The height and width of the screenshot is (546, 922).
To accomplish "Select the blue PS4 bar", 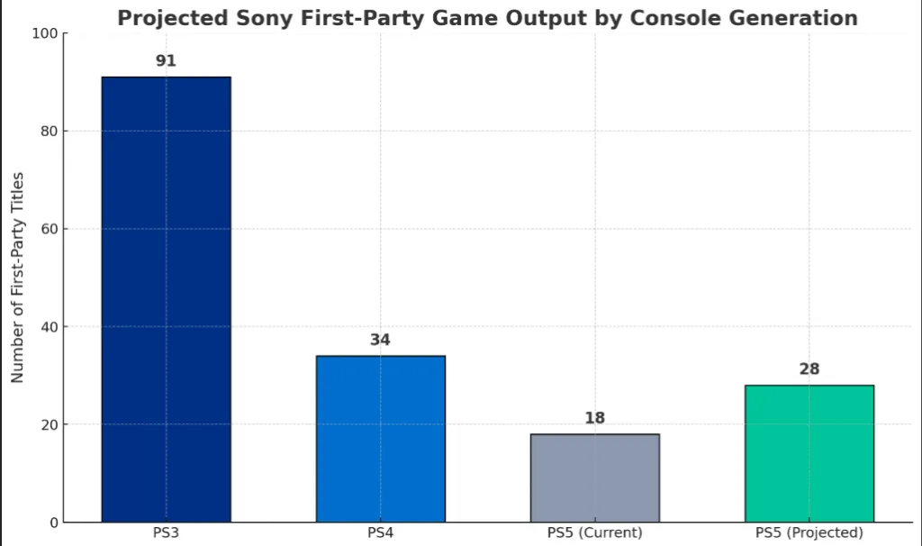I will (380, 439).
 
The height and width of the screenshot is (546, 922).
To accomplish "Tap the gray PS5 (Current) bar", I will (594, 478).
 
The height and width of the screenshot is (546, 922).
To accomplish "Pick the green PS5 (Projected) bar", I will (809, 453).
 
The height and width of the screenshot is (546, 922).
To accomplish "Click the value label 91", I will (166, 61).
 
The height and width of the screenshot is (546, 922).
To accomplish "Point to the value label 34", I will (380, 340).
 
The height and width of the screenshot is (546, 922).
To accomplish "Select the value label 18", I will (594, 418).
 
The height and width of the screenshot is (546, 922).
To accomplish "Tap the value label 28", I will (809, 369).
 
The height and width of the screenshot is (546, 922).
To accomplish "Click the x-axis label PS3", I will (166, 532).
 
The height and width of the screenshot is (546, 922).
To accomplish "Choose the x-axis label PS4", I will (380, 532).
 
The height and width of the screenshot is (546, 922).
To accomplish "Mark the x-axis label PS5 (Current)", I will (594, 532).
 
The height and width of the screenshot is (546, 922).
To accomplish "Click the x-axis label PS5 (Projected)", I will (809, 532).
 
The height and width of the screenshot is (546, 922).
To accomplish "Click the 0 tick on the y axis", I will (53, 523).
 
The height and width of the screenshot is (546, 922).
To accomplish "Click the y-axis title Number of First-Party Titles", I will (17, 278).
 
